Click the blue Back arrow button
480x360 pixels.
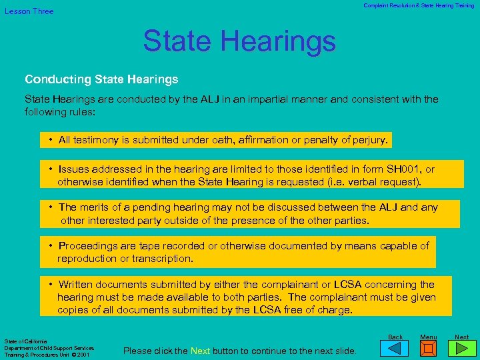coord(396,349)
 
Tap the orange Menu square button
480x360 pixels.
coord(429,349)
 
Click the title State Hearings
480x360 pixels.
coord(239,41)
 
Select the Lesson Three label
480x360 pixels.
coord(29,11)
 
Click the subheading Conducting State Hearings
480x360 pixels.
coord(101,79)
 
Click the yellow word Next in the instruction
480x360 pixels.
coord(200,351)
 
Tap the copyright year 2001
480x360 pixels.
coord(83,355)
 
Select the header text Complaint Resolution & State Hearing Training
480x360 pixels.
coord(419,5)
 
